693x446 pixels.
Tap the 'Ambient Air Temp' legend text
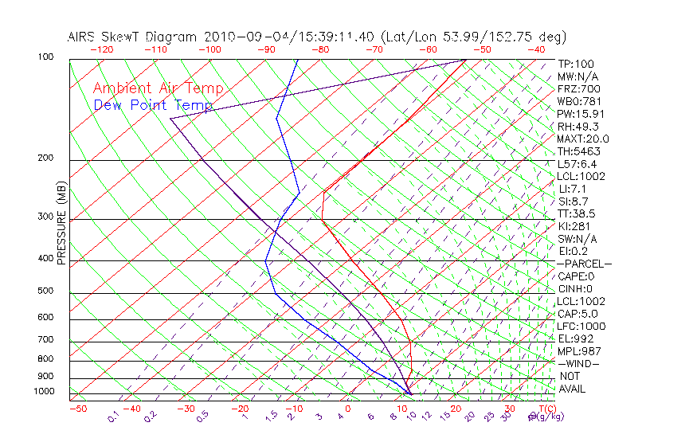point(158,88)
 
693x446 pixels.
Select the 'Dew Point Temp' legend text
point(153,105)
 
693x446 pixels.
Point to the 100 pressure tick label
point(45,57)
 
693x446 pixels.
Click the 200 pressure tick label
point(45,158)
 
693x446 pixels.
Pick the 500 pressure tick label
point(45,291)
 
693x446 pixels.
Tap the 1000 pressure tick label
point(43,392)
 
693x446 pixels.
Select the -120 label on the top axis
point(102,49)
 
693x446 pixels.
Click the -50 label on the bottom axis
point(77,409)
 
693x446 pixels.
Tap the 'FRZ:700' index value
point(579,88)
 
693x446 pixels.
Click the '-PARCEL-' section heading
point(585,264)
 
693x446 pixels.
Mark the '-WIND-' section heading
point(579,363)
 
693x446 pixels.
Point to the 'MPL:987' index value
point(579,351)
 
